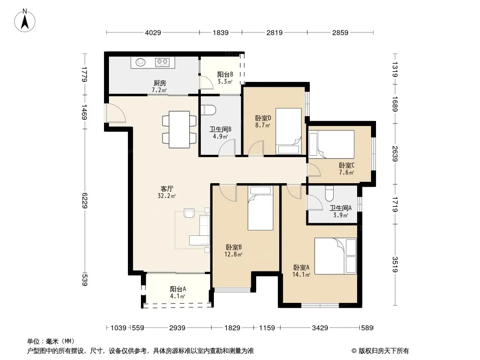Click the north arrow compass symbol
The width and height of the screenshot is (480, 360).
(x=25, y=21)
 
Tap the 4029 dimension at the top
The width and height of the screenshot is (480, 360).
(x=153, y=32)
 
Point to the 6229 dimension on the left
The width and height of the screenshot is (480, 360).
(x=85, y=201)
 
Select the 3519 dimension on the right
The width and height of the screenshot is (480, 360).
(x=395, y=265)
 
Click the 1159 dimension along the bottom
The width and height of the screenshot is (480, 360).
(x=267, y=328)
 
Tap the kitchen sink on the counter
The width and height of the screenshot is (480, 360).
(x=140, y=62)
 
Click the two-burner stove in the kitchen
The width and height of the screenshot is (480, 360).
(x=162, y=63)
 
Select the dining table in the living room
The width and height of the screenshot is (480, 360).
(x=179, y=130)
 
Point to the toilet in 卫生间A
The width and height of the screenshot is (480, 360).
(x=330, y=193)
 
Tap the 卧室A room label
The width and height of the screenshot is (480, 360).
(x=301, y=267)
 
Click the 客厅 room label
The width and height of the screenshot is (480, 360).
(x=167, y=189)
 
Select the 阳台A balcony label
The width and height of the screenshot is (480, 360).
(x=178, y=289)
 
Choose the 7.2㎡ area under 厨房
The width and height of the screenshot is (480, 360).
(x=159, y=90)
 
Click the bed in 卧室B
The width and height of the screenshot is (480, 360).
(x=260, y=208)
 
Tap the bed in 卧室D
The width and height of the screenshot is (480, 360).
(x=288, y=131)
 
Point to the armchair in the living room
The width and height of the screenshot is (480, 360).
(x=189, y=212)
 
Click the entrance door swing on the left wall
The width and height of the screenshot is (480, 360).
(x=114, y=113)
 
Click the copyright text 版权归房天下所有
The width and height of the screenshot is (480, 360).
(x=383, y=351)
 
